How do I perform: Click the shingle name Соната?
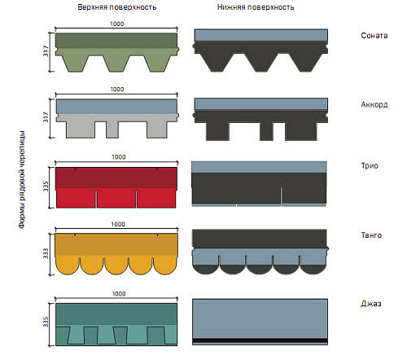tap(374, 36)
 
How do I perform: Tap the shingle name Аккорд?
tap(374, 105)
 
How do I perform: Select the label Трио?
tap(370, 166)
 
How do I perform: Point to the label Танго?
tap(371, 235)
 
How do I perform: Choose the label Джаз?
tap(371, 304)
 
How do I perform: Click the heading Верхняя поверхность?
tap(117, 7)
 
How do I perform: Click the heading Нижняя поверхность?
tap(256, 7)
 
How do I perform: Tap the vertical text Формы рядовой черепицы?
tap(22, 179)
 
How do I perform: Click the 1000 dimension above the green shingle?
tap(117, 24)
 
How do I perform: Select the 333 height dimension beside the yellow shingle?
tap(46, 253)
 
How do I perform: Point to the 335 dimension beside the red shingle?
tap(46, 187)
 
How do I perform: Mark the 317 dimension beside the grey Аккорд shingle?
tap(46, 117)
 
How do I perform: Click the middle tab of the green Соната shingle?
tap(117, 63)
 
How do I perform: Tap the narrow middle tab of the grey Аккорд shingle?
tap(112, 130)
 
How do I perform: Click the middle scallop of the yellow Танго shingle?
tap(116, 265)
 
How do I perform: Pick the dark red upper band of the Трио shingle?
tap(116, 178)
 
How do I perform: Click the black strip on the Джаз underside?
tap(260, 340)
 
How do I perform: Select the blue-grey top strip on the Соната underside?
tap(261, 35)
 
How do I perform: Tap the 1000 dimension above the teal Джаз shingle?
tap(119, 294)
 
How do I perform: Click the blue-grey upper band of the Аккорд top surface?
tap(116, 107)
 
